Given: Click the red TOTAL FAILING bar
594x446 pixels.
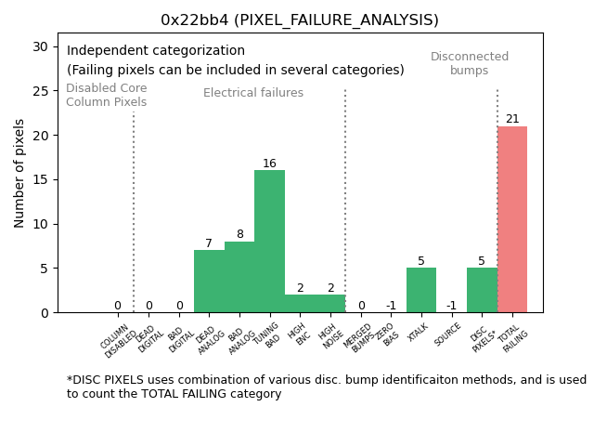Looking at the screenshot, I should pos(512,219).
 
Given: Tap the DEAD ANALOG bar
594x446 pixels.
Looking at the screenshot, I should pos(209,282).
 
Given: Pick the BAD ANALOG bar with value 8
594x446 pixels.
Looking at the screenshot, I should pos(239,277).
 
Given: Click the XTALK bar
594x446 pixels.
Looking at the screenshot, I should pos(421,290).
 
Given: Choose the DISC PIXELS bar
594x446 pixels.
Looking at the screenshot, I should pos(482,290).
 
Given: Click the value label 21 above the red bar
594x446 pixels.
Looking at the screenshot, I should pos(512,119).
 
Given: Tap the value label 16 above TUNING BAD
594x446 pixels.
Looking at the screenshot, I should pos(269,164).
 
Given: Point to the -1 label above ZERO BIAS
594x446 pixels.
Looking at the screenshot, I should pos(391,306).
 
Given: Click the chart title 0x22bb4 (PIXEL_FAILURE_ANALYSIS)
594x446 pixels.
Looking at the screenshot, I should pos(300,20).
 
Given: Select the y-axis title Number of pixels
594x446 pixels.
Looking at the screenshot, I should pos(19,173).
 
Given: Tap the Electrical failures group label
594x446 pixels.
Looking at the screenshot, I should pos(253,93).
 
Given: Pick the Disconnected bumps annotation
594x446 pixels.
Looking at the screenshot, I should pos(470,63).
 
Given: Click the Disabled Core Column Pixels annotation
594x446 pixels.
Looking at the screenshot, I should pos(106,95).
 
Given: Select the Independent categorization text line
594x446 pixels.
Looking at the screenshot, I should pos(156,51).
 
